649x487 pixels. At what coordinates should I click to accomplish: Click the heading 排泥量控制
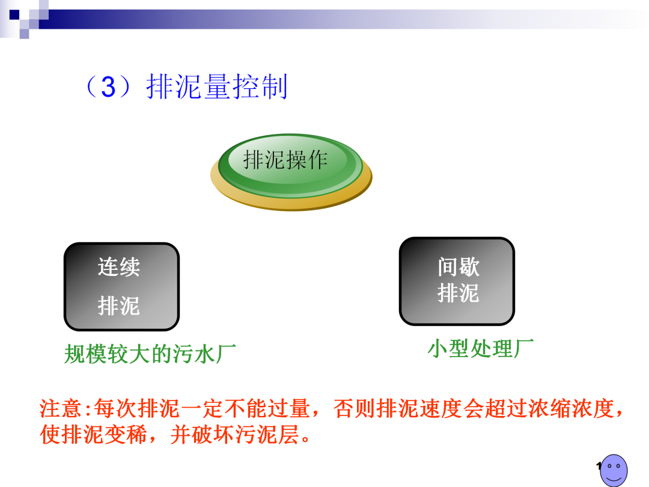pyautogui.click(x=217, y=87)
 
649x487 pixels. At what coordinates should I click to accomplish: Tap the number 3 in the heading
pyautogui.click(x=108, y=88)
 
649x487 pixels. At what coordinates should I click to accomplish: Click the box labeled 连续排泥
pyautogui.click(x=121, y=287)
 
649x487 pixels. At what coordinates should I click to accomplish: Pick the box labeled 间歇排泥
pyautogui.click(x=457, y=281)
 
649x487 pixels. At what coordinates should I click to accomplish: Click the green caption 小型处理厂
pyautogui.click(x=480, y=348)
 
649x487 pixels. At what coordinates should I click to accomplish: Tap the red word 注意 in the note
pyautogui.click(x=60, y=409)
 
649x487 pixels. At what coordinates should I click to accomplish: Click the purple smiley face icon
pyautogui.click(x=614, y=470)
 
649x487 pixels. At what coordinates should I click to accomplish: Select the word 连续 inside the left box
pyautogui.click(x=119, y=267)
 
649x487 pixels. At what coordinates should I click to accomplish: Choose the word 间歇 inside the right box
pyautogui.click(x=458, y=267)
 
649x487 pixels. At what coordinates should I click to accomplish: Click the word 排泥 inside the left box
pyautogui.click(x=119, y=306)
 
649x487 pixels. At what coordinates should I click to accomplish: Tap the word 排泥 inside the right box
pyautogui.click(x=458, y=293)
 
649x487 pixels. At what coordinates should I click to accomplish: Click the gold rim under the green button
pyautogui.click(x=292, y=201)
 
